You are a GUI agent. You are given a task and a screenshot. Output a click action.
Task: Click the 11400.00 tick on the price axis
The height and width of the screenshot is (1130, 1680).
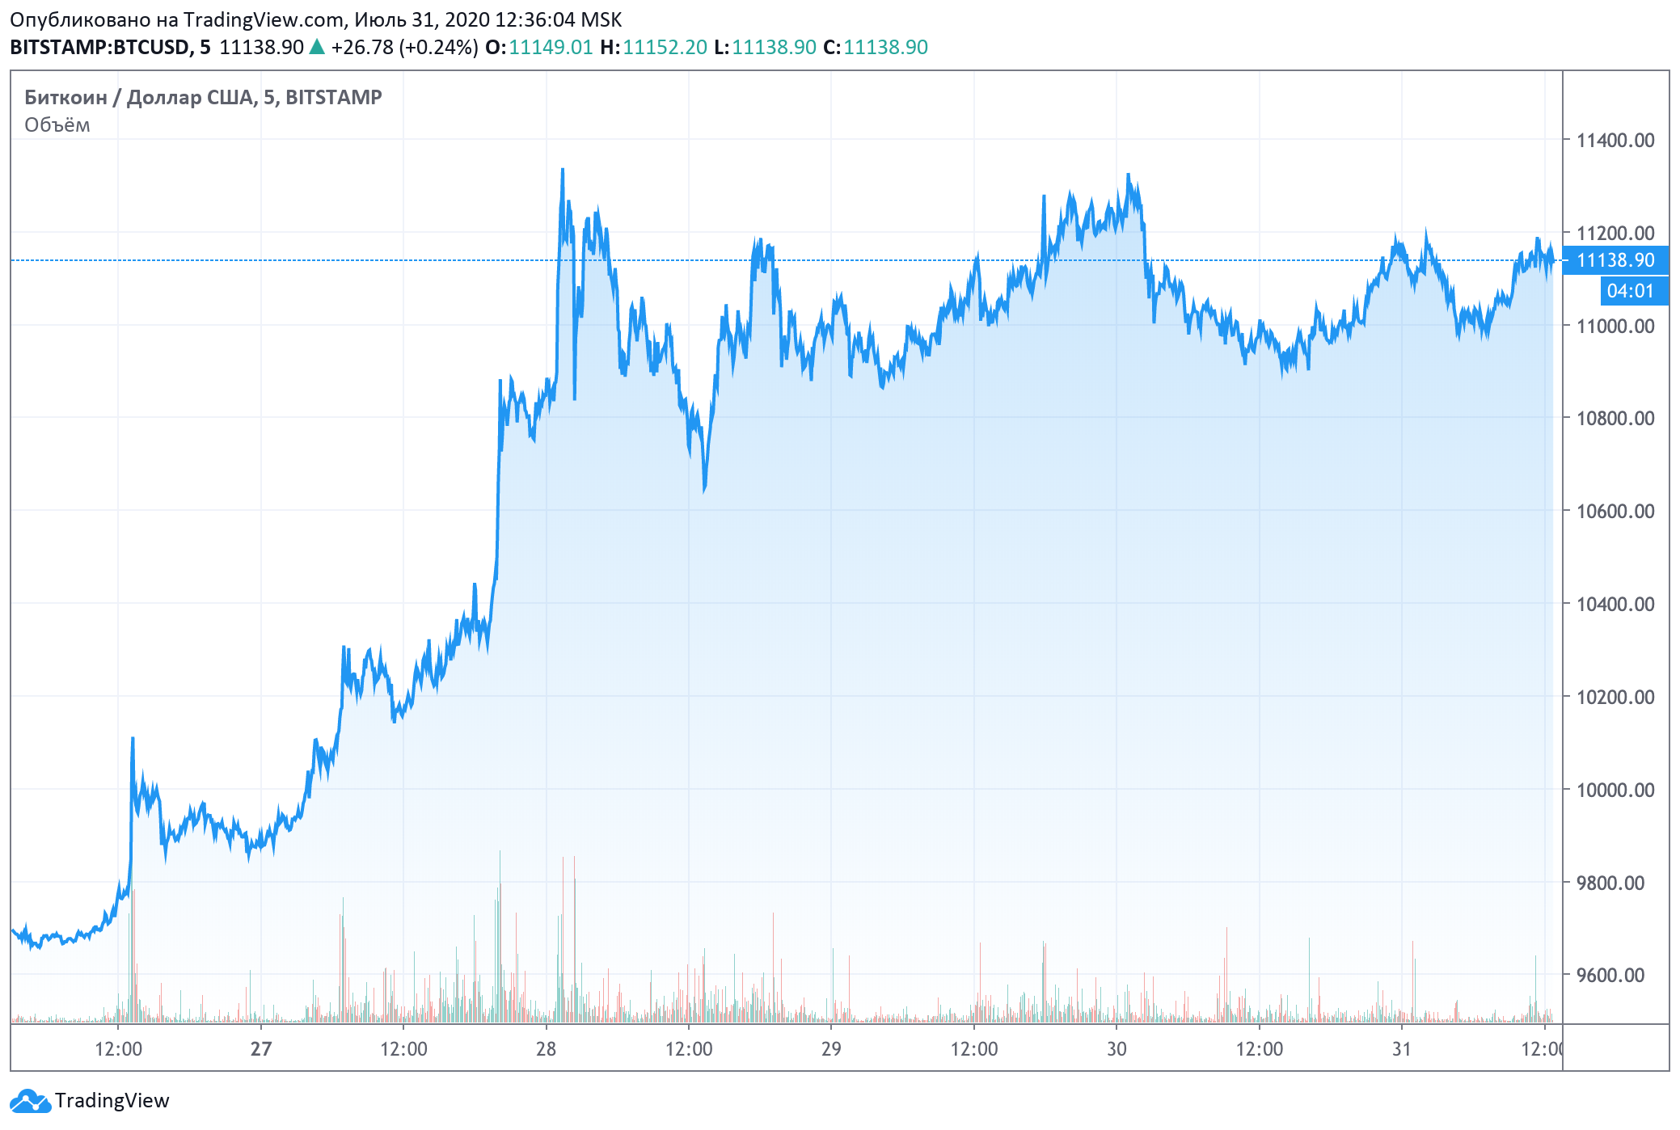1615,140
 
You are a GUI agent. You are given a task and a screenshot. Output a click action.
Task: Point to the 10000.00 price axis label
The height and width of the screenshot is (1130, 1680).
1615,790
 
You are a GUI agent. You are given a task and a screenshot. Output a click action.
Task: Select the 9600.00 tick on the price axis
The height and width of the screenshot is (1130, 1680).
1610,975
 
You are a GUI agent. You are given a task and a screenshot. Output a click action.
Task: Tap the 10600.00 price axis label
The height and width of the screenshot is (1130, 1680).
1615,511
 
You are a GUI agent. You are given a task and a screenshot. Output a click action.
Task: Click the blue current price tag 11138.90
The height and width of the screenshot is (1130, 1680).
1615,260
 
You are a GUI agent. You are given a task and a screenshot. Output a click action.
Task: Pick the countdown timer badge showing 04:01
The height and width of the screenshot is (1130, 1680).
1631,291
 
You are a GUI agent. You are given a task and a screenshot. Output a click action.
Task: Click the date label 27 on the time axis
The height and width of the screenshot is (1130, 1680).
260,1048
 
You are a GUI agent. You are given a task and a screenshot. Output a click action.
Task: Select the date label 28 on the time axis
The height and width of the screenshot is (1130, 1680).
546,1048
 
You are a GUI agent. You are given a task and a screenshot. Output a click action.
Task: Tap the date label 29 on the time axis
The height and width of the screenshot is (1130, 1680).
831,1048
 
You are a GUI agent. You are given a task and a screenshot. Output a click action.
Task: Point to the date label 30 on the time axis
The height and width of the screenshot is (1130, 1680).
1116,1048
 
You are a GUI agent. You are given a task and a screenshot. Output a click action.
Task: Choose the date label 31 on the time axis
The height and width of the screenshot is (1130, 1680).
1401,1048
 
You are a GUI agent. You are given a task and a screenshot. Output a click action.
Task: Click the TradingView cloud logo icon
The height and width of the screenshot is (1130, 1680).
30,1101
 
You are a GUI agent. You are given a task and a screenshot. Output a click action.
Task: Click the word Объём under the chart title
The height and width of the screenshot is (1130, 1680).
57,124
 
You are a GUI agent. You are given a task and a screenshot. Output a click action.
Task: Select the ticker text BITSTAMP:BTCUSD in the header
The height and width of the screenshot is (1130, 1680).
99,47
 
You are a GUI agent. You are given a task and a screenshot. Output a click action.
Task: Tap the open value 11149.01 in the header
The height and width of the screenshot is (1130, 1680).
551,47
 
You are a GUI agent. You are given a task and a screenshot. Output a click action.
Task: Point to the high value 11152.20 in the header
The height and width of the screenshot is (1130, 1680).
665,47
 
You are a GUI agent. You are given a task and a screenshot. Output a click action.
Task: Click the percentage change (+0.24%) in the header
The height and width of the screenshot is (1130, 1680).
440,47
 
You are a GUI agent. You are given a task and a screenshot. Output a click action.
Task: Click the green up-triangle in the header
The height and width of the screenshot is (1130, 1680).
317,47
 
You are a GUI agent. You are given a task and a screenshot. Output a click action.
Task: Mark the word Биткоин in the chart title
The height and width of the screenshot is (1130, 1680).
65,97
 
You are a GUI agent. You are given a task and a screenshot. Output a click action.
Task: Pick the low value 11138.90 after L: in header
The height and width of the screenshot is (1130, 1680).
774,47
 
